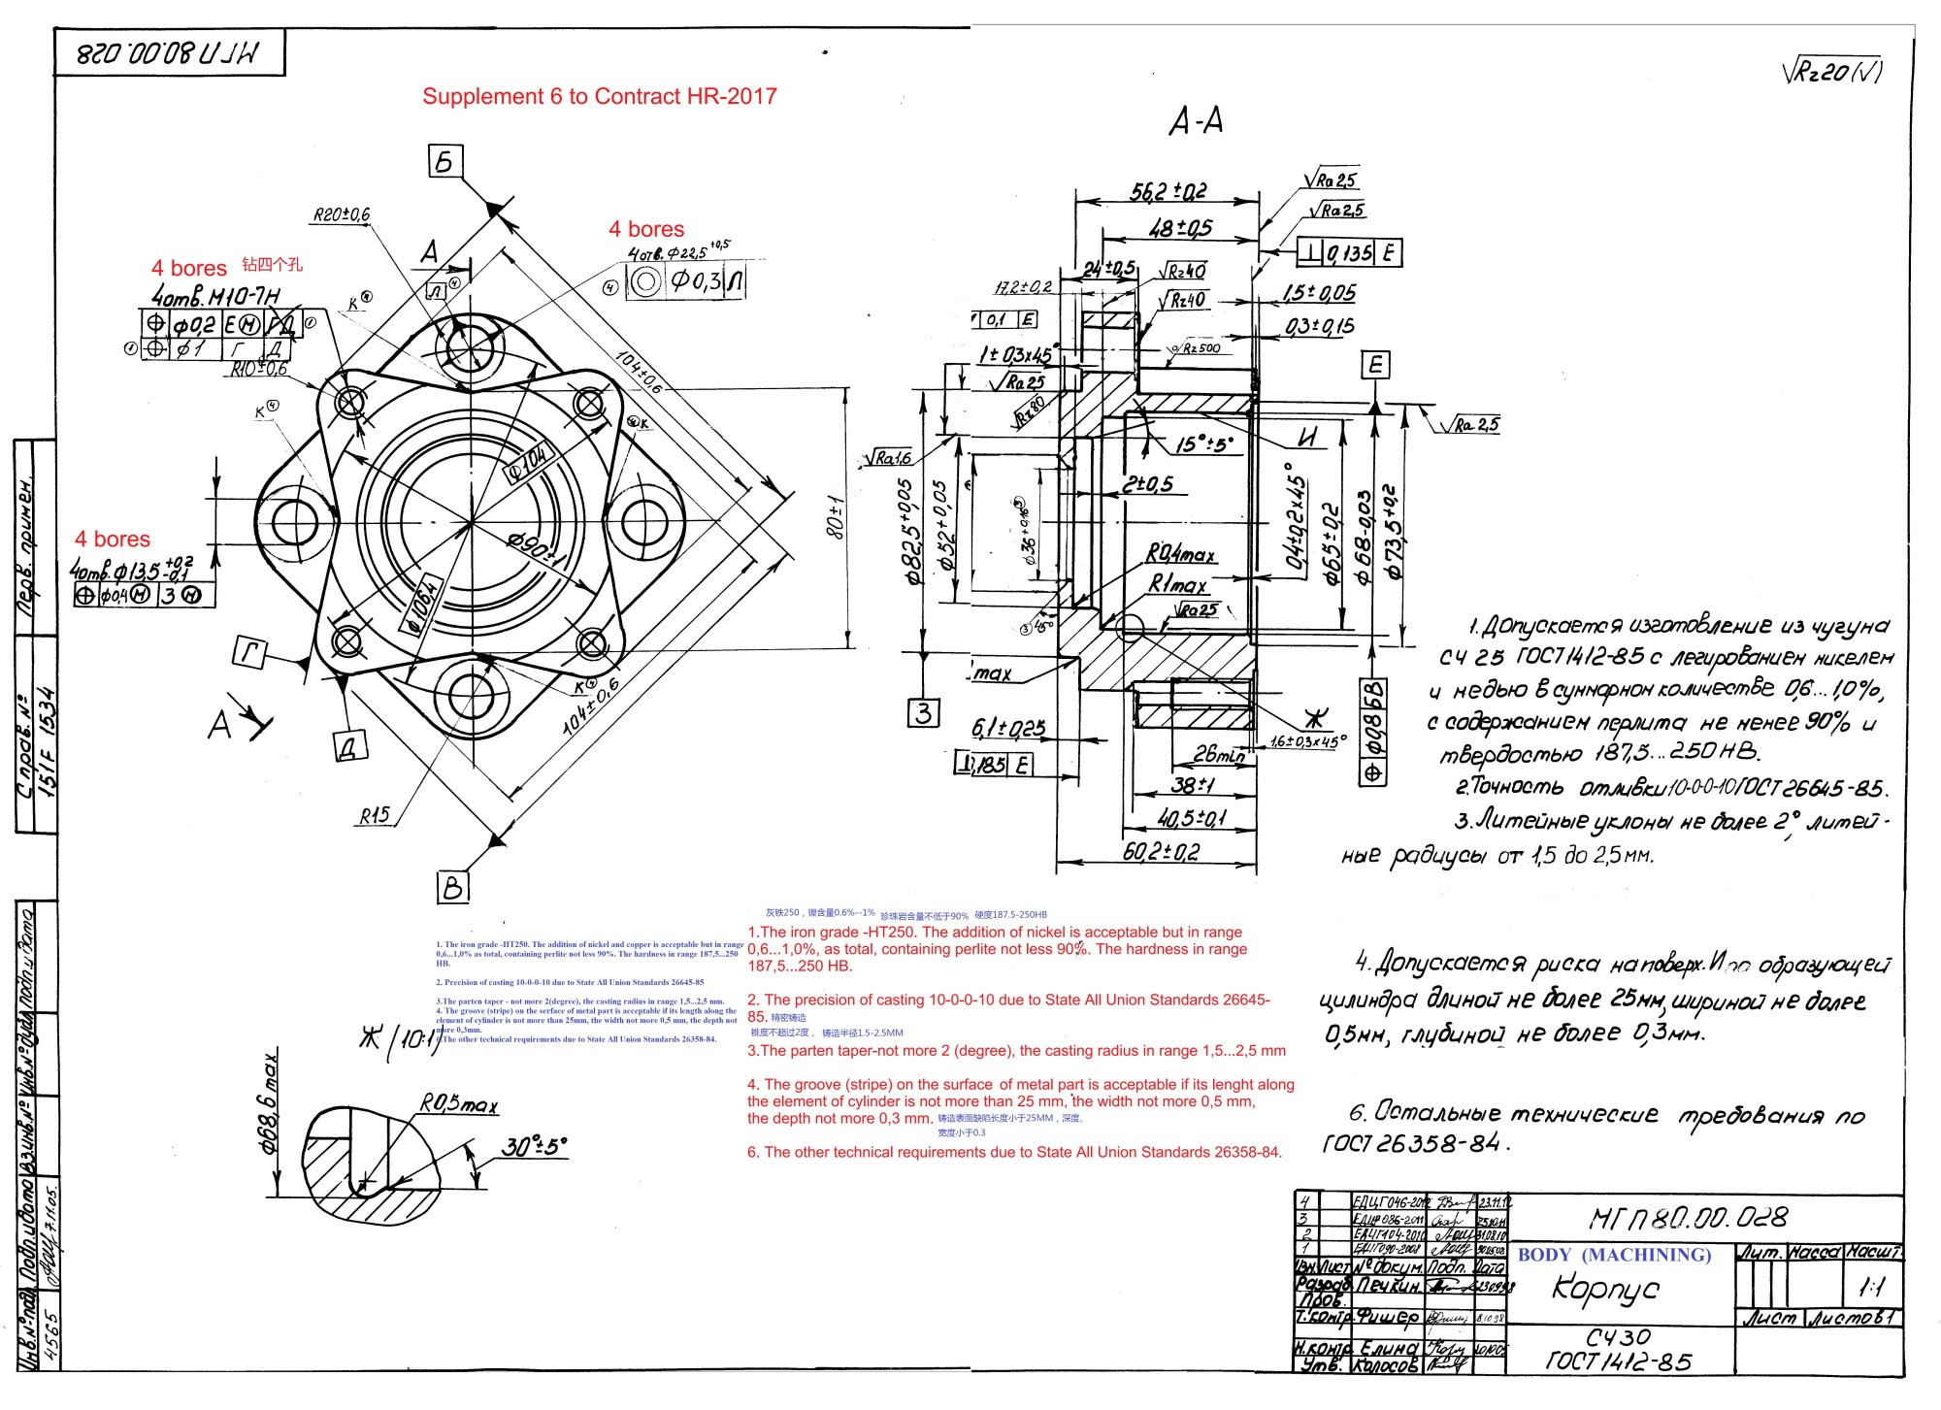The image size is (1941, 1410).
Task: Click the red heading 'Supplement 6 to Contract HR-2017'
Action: coord(599,96)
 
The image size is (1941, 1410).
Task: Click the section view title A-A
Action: coord(1196,122)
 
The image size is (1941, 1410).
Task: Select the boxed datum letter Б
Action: coord(445,161)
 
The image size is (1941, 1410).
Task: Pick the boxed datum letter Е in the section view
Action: coord(1374,366)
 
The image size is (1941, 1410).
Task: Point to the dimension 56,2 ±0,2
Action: coord(1168,191)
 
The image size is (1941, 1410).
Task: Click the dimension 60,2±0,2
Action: coord(1161,852)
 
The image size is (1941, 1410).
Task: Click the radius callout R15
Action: coord(374,815)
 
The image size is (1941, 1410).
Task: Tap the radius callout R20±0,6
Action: coord(341,214)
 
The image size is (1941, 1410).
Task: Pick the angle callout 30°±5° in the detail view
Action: coord(533,1146)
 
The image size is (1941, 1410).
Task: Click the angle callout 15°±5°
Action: coord(1203,444)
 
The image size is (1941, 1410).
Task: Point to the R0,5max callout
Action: coord(458,1103)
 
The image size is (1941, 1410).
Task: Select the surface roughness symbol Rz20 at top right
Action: coord(1831,72)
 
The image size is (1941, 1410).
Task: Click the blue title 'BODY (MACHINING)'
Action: coord(1614,1255)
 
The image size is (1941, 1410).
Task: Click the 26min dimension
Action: coord(1218,755)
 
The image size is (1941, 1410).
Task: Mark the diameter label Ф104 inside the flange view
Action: coord(529,464)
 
